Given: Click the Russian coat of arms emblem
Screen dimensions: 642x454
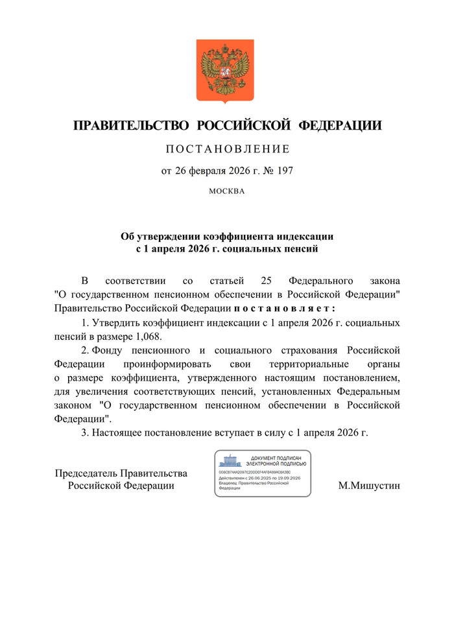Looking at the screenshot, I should coord(225,71).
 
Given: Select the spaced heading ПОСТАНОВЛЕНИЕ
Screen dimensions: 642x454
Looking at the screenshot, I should coord(226,150).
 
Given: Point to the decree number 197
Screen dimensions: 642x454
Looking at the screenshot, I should coord(285,171).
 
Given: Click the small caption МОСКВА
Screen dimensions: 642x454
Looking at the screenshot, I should coord(226,191).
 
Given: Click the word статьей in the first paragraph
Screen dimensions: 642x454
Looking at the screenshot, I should coord(227,281).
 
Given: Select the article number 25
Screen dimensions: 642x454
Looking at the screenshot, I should coord(265,281).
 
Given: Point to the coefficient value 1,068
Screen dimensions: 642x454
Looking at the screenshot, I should coord(147,336).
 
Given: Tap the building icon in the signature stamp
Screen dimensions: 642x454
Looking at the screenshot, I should coord(231,461).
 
